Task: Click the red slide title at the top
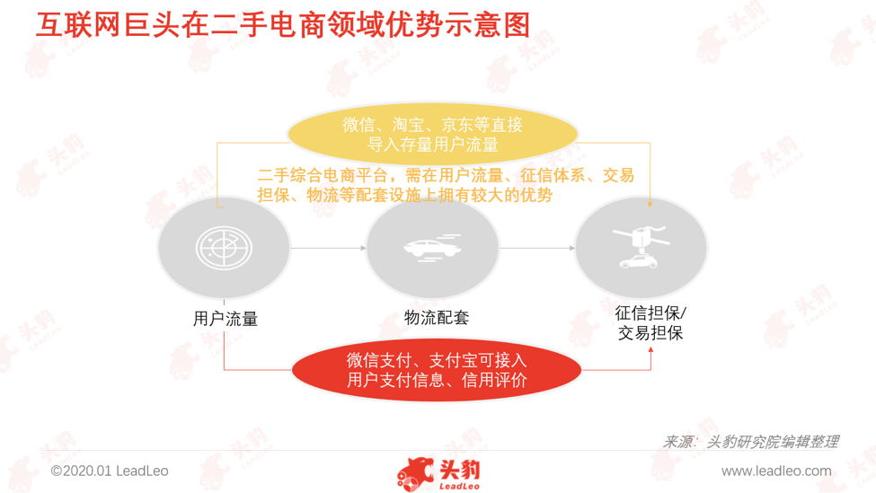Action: [283, 25]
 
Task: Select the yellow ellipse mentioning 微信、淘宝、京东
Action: [432, 134]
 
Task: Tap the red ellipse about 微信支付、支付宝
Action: [437, 370]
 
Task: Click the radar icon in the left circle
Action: [224, 247]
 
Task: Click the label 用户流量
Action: [226, 319]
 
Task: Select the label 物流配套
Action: [437, 318]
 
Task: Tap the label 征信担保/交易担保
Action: [650, 322]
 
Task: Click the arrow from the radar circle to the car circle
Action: [329, 248]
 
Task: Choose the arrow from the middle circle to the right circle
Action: [537, 248]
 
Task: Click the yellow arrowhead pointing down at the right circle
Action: [650, 205]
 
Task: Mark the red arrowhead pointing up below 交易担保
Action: [650, 349]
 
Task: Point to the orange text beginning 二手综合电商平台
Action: [446, 185]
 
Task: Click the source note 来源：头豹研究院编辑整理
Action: [750, 442]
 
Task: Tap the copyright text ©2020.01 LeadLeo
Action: [110, 471]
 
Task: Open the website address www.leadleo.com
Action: [776, 471]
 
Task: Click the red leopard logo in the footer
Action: [414, 474]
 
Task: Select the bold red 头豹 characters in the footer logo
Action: [459, 471]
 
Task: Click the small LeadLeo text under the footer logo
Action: [459, 487]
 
